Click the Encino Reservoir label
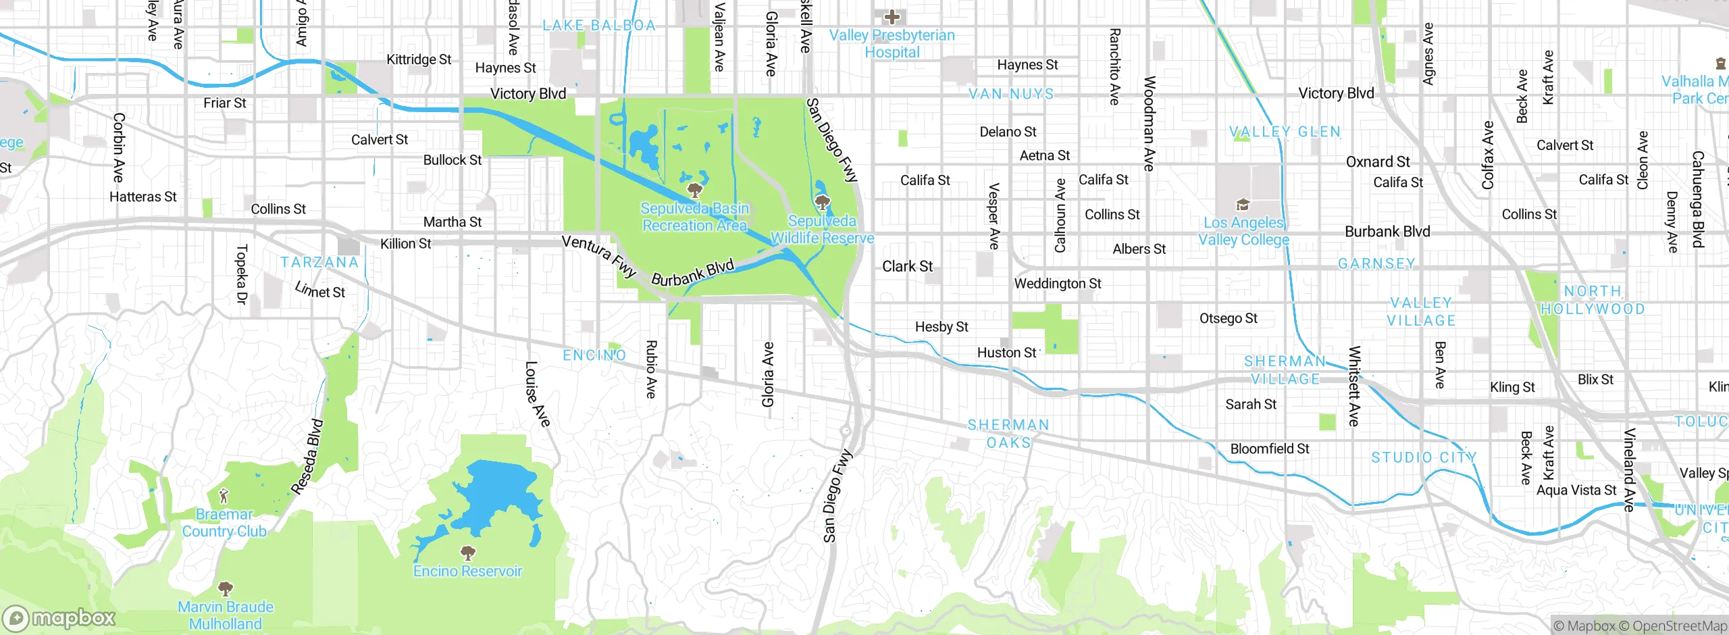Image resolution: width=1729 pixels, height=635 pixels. coord(467,571)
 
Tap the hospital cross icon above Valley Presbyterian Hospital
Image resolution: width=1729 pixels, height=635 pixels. coord(892,16)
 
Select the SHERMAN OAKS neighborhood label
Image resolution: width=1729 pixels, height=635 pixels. coord(1008,434)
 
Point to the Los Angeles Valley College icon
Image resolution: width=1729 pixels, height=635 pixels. coord(1243,205)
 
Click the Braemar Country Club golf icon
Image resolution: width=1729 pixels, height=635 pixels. coord(224,497)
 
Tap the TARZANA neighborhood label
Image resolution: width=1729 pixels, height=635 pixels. coord(319,262)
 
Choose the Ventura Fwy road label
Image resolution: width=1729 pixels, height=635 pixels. coord(599,256)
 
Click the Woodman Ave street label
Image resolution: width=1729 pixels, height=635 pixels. coord(1149,123)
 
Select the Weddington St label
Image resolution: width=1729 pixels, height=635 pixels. coord(1057,284)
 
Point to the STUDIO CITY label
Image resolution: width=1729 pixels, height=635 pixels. coord(1424,457)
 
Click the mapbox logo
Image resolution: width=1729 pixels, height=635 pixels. coord(59,617)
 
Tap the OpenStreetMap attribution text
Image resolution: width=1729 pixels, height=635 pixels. coord(1679,626)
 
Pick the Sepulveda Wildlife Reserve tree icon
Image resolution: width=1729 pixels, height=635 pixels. coord(822,202)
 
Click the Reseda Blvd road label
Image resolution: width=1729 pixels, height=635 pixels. coord(308,457)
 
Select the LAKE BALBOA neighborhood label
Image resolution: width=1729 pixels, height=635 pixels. coord(599,26)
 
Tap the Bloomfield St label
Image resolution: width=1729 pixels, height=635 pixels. coord(1269,449)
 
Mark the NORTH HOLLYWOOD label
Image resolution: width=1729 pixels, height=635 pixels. coord(1593,300)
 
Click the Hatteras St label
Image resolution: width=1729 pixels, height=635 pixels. coord(143,197)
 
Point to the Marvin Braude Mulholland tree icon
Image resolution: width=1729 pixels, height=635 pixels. coord(226,588)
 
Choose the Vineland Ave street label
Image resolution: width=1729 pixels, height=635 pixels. coord(1630,469)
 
